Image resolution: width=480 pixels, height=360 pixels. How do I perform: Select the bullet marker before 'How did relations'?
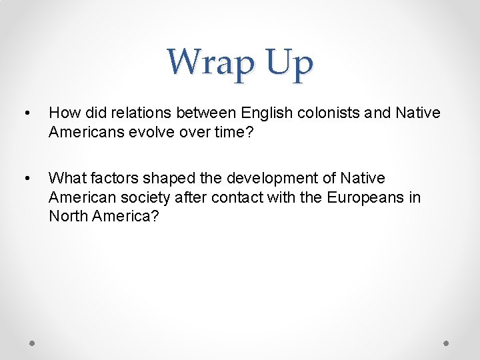point(25,113)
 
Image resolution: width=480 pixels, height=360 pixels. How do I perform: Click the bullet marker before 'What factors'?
point(25,179)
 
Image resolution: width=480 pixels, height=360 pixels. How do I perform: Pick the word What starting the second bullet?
point(66,179)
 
